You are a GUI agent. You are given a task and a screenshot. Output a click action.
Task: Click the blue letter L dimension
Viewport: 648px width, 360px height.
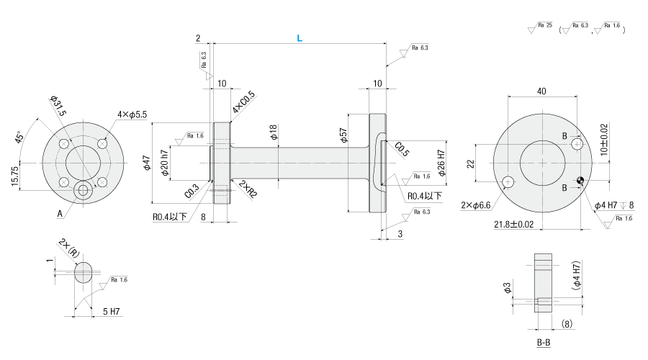pos(300,39)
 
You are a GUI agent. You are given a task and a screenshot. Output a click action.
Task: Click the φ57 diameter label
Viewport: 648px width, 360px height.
pos(343,136)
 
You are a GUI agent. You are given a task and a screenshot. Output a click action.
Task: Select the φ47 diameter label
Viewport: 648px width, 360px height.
pos(146,164)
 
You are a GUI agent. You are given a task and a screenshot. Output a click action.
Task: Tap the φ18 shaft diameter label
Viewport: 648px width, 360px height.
pos(272,132)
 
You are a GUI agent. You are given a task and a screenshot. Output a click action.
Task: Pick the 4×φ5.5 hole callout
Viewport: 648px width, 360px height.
pos(132,114)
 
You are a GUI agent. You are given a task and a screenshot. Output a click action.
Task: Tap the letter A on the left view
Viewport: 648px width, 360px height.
pos(60,213)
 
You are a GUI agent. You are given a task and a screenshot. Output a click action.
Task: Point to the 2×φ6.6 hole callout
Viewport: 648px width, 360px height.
pos(475,205)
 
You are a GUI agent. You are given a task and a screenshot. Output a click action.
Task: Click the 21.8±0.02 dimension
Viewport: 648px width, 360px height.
pos(514,225)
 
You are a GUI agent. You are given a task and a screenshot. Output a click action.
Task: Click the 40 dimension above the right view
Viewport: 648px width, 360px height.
pos(541,91)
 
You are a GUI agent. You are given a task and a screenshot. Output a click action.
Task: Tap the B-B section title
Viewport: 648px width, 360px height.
pos(544,342)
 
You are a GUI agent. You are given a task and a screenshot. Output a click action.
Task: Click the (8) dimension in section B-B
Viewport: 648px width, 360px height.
pos(567,324)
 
